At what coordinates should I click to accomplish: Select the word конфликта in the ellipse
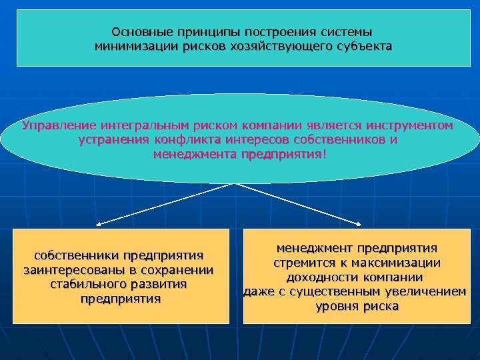(185, 140)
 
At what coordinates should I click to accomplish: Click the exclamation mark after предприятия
(325, 155)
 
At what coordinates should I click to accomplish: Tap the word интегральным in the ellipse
(145, 125)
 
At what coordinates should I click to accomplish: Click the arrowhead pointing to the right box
(360, 225)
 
